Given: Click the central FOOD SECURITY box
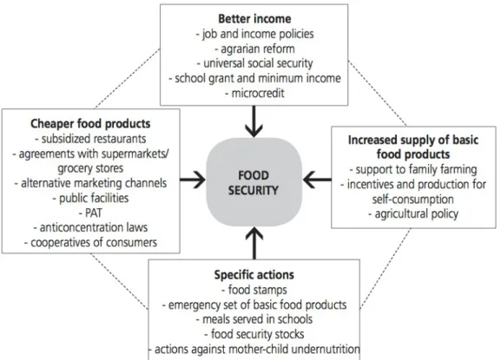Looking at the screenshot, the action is pos(254,182).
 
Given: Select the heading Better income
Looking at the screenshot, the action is pos(254,19).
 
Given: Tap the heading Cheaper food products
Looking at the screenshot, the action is pos(90,124).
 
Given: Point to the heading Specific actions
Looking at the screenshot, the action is pos(254,275).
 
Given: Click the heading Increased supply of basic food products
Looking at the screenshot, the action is pos(413,147).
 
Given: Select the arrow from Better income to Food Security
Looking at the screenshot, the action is pos(254,121).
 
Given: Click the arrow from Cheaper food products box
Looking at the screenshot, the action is pos(193,180).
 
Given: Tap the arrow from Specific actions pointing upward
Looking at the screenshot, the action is pos(254,243).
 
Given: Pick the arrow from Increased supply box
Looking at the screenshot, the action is pos(317,180).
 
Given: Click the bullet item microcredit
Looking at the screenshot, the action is pos(254,93).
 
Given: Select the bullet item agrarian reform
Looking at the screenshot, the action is pos(254,49).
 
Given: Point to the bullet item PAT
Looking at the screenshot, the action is pos(90,213).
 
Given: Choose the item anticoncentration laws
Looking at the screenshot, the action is pos(90,227).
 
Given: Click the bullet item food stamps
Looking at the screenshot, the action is pos(254,290).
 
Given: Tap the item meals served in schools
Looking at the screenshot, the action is pos(254,319).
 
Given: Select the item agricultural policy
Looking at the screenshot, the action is pos(413,213).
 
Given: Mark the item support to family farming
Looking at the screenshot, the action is pos(413,169).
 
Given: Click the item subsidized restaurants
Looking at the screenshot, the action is pos(90,139).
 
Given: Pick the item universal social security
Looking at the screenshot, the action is pos(254,63).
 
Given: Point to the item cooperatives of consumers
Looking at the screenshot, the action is pos(90,243).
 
